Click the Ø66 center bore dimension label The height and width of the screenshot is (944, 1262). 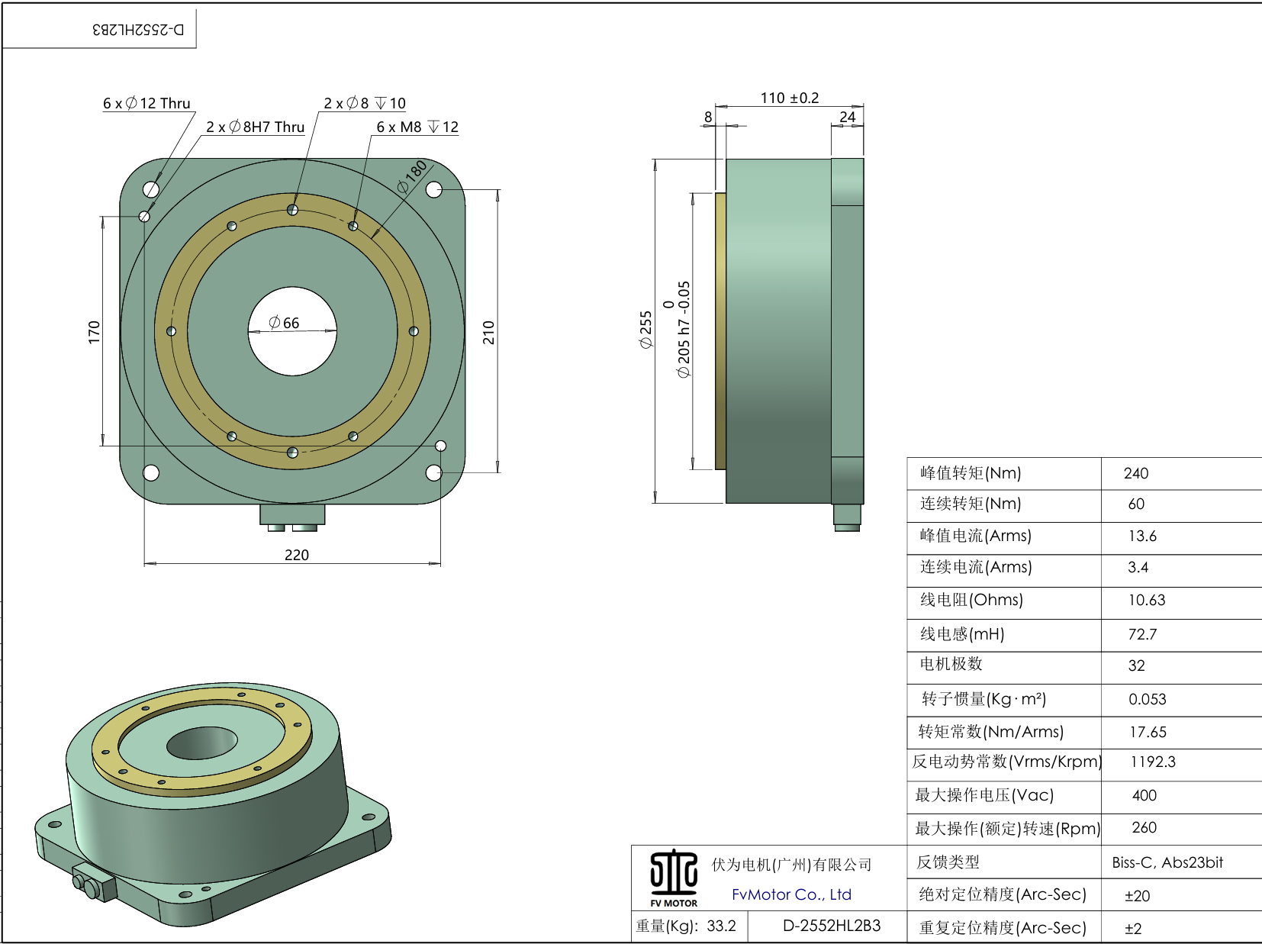tap(284, 323)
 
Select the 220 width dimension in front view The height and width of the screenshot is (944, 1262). tap(296, 555)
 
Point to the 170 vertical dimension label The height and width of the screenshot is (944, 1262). tap(94, 332)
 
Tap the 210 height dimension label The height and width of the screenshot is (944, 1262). tap(488, 333)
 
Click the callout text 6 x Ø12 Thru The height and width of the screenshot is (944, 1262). tap(146, 103)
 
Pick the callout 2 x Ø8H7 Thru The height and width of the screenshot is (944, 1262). tap(255, 127)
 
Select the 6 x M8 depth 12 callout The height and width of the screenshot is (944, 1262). tap(417, 127)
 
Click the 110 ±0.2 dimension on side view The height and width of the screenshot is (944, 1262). tap(789, 98)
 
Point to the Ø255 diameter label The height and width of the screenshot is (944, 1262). tap(645, 330)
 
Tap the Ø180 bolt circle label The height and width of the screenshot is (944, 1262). tap(412, 176)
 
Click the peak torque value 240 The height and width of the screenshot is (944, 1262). tap(1135, 473)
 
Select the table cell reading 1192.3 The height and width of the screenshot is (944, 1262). tap(1152, 762)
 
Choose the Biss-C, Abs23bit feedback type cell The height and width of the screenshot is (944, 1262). tap(1167, 862)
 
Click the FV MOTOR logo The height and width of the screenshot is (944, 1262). tap(674, 878)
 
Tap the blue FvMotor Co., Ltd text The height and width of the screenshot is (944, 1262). tap(791, 894)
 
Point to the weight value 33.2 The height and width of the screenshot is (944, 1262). tap(721, 926)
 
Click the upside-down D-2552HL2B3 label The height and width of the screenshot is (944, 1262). tap(138, 29)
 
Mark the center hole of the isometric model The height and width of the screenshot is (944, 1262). tap(203, 743)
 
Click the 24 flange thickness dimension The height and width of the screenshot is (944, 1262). tap(847, 117)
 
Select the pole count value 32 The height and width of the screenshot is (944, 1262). tap(1136, 665)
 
